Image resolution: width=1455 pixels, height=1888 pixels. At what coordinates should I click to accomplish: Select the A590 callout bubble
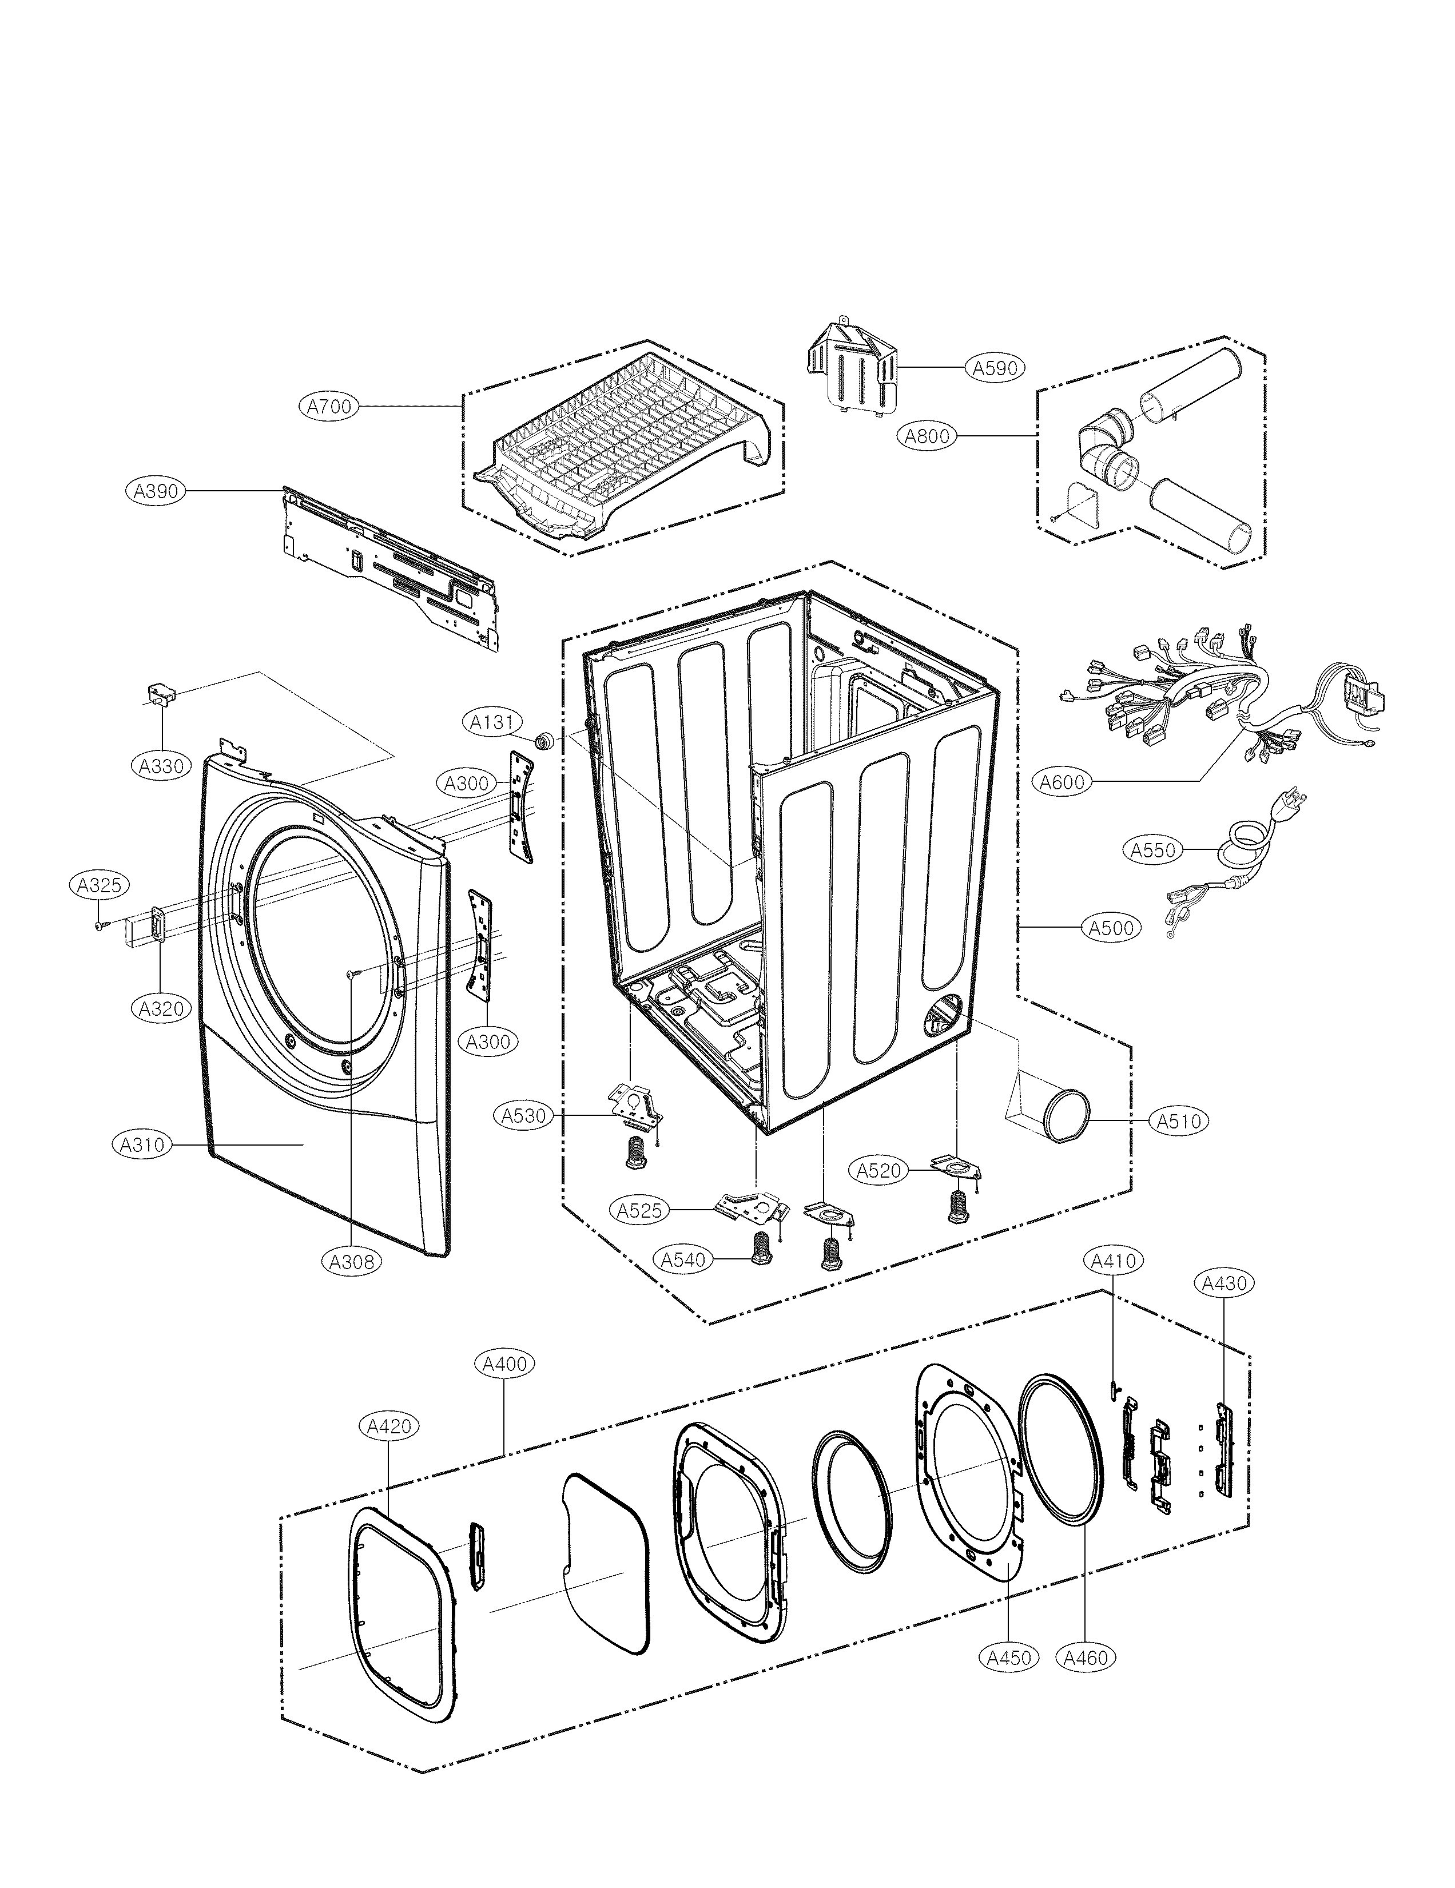coord(994,367)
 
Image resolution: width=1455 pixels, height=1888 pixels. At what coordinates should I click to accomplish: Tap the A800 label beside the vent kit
coord(927,436)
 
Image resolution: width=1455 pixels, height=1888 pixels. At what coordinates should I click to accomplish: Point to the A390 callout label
coord(155,491)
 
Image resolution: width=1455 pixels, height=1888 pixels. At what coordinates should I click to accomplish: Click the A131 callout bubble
coord(492,722)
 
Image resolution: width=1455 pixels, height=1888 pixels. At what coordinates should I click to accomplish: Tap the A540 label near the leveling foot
coord(683,1259)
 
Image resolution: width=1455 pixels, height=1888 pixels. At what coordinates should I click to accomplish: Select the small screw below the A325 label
coord(100,925)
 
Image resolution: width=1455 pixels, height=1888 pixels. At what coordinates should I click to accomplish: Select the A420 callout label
coord(388,1426)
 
